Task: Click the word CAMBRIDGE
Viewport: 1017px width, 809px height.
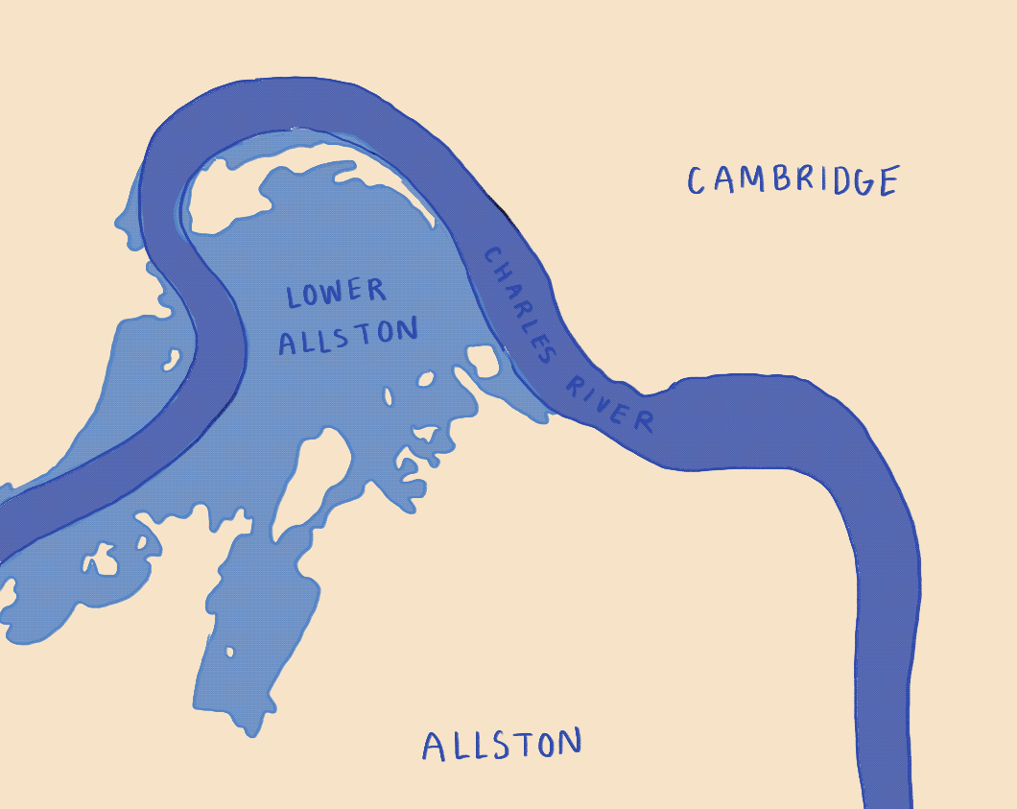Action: point(793,179)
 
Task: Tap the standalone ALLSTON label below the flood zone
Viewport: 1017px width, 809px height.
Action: point(502,745)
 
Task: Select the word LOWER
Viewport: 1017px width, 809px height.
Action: point(336,294)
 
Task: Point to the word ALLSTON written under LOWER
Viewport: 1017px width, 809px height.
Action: point(348,336)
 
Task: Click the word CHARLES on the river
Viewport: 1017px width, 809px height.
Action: point(519,305)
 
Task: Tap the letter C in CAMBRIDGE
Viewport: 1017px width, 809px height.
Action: point(696,180)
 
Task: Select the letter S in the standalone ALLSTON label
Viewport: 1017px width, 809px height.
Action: point(502,745)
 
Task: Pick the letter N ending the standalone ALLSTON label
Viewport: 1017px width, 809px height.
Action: point(570,742)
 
